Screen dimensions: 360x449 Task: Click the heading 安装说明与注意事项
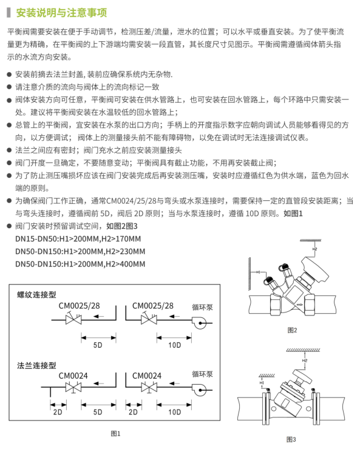tap(62, 12)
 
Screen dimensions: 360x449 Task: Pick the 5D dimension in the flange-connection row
tap(98, 412)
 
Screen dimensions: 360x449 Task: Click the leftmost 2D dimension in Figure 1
tap(58, 412)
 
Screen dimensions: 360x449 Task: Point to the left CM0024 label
tap(73, 376)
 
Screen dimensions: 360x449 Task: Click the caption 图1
tap(116, 433)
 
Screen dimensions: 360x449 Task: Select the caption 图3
tap(291, 439)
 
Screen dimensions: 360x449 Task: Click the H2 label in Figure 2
tap(314, 249)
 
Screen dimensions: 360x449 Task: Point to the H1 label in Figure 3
tap(261, 383)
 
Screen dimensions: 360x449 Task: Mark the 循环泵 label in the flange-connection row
tap(203, 376)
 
